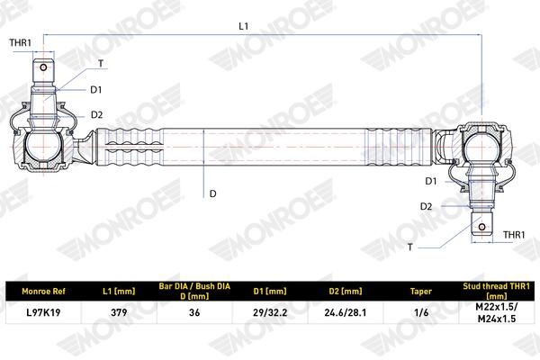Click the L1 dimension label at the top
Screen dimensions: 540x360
(x=244, y=26)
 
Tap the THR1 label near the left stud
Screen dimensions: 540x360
(x=21, y=42)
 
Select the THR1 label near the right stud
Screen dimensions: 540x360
(x=514, y=235)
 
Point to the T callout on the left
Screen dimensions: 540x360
(x=101, y=63)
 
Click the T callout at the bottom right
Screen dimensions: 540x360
(x=409, y=247)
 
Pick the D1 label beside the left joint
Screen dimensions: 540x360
(x=96, y=90)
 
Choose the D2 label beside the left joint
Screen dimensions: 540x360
(x=97, y=114)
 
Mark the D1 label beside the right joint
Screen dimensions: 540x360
(x=431, y=181)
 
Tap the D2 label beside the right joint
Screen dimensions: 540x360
(x=426, y=206)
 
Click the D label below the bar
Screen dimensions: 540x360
(x=212, y=193)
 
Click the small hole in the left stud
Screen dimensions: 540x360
(x=43, y=67)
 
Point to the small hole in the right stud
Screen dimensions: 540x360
(x=481, y=227)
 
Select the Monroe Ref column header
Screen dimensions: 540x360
(x=43, y=292)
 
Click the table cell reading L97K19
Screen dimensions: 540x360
(x=43, y=312)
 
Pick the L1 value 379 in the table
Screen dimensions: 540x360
(x=119, y=312)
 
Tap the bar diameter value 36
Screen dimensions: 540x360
(x=194, y=312)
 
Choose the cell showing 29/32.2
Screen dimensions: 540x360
(x=270, y=312)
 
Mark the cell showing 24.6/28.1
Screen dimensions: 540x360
(x=346, y=312)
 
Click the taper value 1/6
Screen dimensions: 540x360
(x=421, y=312)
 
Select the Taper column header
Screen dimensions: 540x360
(x=421, y=292)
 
